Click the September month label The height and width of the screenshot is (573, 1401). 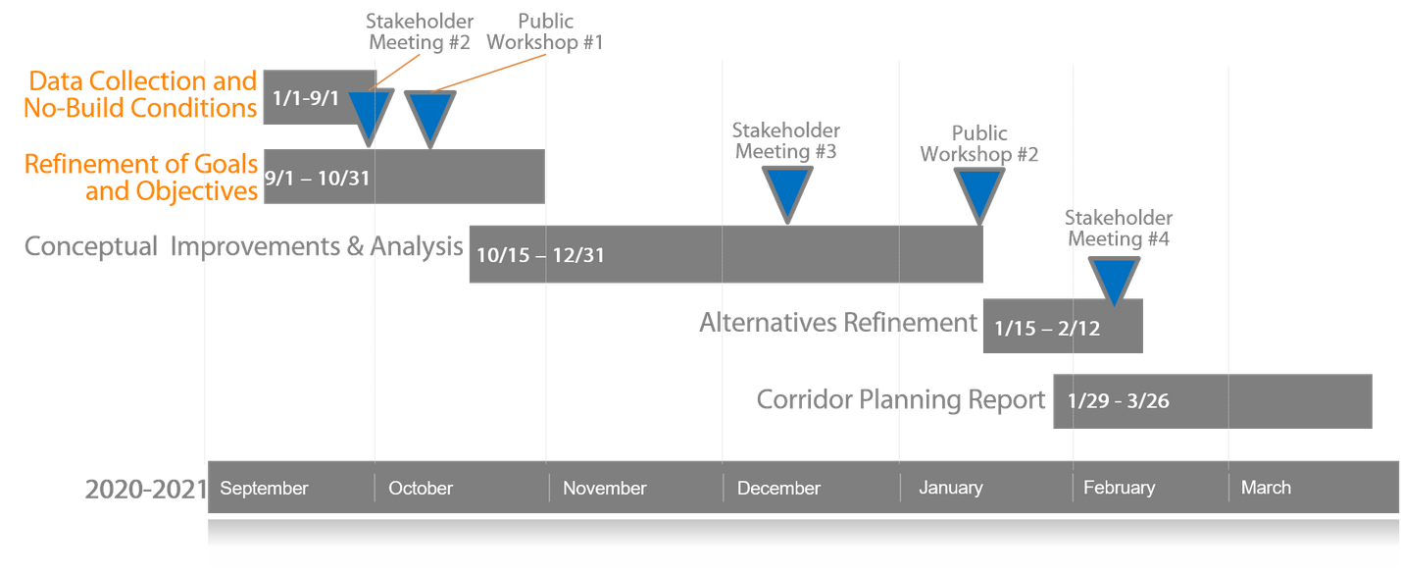(x=264, y=488)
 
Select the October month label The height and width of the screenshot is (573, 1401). (x=421, y=488)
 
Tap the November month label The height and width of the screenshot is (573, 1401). (x=604, y=488)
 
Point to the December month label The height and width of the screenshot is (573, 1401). (x=778, y=488)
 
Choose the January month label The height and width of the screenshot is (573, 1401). (x=950, y=487)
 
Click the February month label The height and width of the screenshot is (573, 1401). (x=1119, y=487)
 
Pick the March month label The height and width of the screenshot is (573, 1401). (x=1266, y=487)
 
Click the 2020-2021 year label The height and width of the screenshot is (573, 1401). (x=145, y=488)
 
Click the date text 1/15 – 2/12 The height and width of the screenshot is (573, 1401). (x=1047, y=329)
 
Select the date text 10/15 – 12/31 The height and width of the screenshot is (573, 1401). (x=540, y=255)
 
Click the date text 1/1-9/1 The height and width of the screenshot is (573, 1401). (x=306, y=99)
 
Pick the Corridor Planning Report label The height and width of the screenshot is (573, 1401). (x=900, y=400)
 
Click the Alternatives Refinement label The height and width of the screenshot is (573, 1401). (x=838, y=323)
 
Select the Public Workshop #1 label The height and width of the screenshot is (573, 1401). (x=545, y=32)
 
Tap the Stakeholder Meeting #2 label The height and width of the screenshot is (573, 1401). (x=420, y=32)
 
